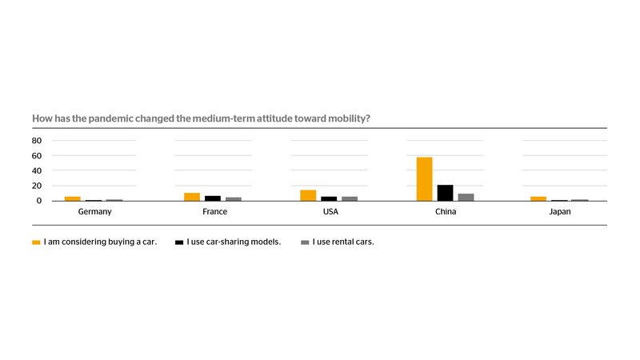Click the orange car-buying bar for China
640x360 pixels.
point(424,179)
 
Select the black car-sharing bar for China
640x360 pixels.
point(445,193)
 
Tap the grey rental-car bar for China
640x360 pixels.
point(466,197)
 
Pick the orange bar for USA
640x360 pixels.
point(308,195)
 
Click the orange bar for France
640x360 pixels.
point(192,197)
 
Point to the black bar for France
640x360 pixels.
point(213,198)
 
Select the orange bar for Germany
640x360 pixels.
point(73,198)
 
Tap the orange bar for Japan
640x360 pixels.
point(538,198)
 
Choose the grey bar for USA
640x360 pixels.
point(350,198)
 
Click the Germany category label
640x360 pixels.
point(94,212)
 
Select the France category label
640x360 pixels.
point(214,212)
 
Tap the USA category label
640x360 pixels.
point(330,212)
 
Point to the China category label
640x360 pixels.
point(445,212)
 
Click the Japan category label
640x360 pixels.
point(561,212)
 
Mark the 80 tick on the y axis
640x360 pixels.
point(37,141)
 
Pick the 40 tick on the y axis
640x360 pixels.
point(37,170)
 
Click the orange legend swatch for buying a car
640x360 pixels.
point(36,242)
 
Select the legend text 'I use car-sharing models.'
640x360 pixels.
point(234,242)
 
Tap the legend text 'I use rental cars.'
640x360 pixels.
point(343,242)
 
